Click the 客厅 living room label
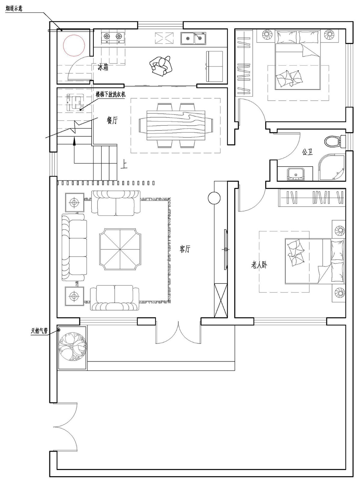185,249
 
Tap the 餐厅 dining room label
112,121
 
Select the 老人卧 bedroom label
259,265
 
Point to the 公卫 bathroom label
307,152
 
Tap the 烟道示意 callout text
14,8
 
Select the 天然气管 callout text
39,331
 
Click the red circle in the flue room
74,45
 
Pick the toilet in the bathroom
334,141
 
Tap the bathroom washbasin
296,174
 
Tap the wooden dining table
176,125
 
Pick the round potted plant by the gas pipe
73,347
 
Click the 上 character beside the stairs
124,164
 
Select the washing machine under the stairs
75,102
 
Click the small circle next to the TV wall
214,198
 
